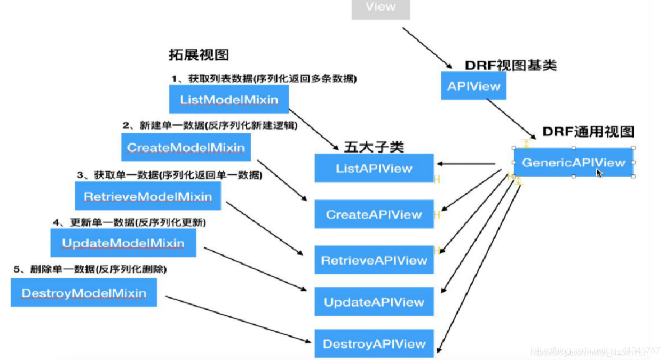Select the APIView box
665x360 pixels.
click(x=473, y=86)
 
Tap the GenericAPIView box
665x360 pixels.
click(x=573, y=163)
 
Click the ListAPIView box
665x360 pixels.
click(x=374, y=169)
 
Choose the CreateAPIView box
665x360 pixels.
click(x=374, y=214)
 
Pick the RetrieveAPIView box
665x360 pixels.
click(x=374, y=260)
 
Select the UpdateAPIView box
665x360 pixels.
click(x=374, y=302)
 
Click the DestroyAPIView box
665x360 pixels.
click(x=374, y=344)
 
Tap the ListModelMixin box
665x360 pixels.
click(x=228, y=100)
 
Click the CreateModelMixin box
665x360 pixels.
click(x=186, y=147)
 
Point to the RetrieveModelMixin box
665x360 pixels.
click(x=148, y=196)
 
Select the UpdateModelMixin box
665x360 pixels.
click(x=123, y=243)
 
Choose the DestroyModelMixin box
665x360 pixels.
click(x=84, y=293)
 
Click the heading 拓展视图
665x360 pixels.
click(x=199, y=55)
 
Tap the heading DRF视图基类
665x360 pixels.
click(x=511, y=66)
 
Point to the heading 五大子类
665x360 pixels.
click(x=374, y=146)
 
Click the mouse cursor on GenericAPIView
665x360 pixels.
click(x=599, y=172)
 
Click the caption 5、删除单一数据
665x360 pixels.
click(x=90, y=269)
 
